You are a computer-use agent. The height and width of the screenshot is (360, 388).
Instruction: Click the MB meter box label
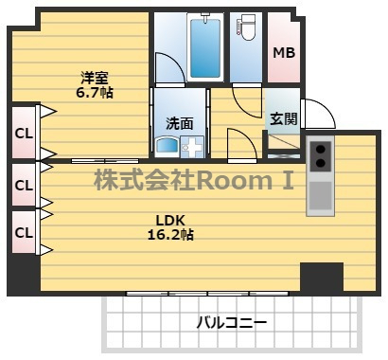(x=284, y=52)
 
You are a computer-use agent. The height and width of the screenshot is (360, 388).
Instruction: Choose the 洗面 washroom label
(x=179, y=122)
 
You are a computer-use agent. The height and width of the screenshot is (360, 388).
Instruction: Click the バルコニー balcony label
(x=231, y=321)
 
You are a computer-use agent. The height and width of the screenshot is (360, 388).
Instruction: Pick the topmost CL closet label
(x=24, y=134)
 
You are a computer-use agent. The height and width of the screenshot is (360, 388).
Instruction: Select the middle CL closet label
(x=24, y=185)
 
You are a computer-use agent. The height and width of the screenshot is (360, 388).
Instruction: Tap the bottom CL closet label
(x=24, y=231)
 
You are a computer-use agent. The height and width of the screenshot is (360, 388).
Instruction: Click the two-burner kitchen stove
(x=320, y=154)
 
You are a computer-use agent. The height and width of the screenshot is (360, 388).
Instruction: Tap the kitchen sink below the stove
(x=320, y=195)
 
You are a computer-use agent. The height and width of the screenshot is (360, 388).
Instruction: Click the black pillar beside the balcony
(x=321, y=278)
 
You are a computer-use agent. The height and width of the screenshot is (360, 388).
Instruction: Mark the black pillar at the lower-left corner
(x=24, y=276)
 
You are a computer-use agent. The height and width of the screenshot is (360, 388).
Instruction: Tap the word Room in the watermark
(x=249, y=178)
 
